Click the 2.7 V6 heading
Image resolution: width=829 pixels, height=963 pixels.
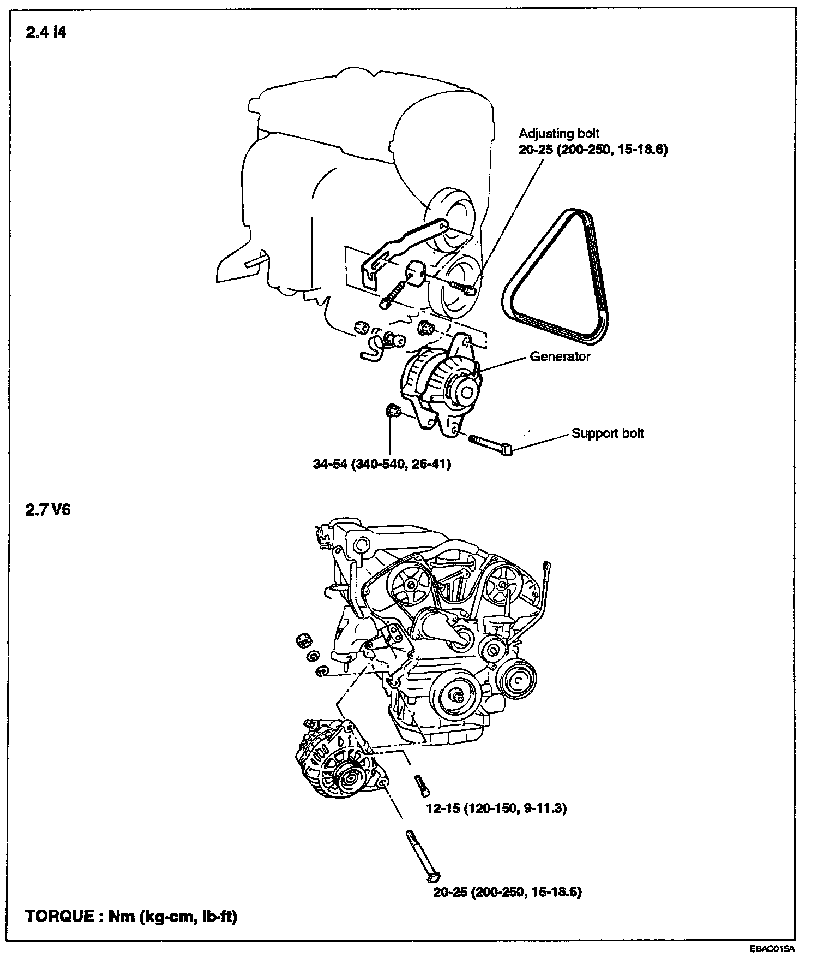click(48, 511)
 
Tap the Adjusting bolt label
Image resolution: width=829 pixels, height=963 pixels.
click(559, 134)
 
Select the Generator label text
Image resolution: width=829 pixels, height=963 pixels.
click(560, 356)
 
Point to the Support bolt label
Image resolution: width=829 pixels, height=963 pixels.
click(608, 433)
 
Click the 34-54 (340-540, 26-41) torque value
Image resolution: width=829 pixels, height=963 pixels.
click(382, 464)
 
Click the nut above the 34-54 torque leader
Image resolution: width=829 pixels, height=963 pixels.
click(392, 411)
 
